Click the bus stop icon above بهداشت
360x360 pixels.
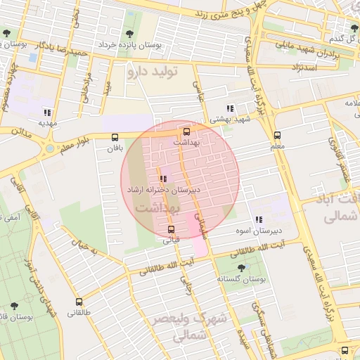coord(186,131)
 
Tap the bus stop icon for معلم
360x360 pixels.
coord(277,135)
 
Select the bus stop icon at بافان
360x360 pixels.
coord(115,137)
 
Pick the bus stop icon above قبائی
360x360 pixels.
coord(171,229)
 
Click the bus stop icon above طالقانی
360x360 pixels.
coord(79,301)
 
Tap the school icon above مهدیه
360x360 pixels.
coord(47,112)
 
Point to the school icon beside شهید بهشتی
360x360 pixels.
coord(229,108)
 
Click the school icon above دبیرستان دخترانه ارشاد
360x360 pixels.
coord(164,179)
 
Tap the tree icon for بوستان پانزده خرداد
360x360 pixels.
coord(128,34)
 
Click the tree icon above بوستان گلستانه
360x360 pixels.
coord(243,268)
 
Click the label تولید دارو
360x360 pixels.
coord(154,71)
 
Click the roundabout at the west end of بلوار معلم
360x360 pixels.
coord(49,149)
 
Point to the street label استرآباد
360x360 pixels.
coord(308,67)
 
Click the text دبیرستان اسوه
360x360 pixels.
coord(258,230)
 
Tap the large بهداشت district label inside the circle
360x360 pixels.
coord(157,208)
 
